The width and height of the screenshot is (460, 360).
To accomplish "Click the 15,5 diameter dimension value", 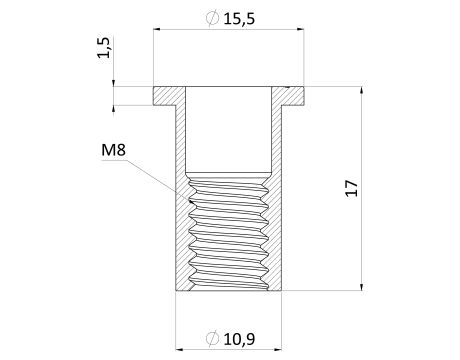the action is pos(239,19).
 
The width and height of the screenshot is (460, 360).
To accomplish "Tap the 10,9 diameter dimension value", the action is pos(239,339).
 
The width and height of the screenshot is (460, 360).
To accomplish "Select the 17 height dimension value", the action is pos(352,188).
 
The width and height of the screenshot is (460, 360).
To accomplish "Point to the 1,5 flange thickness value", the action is pos(104,47).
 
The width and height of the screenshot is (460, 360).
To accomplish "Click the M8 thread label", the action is pos(113,150).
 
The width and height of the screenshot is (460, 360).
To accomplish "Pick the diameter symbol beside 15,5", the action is pos(212,19).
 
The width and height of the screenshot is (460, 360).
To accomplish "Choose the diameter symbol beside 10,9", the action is pos(212,339).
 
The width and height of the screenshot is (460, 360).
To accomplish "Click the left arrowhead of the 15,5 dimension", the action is pos(157,29).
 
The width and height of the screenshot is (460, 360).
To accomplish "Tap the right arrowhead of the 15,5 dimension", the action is pos(301,29).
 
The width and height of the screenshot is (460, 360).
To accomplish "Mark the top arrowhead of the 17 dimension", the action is pos(361,90).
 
